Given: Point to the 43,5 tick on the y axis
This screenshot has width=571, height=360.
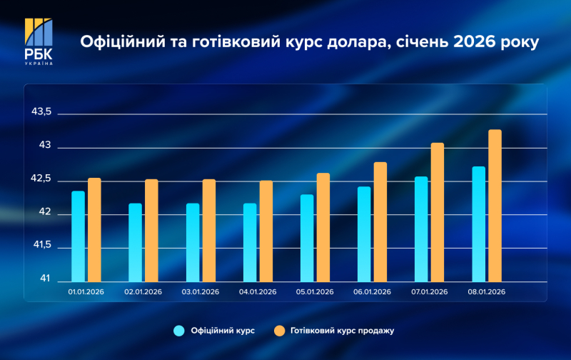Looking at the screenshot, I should [x=41, y=113].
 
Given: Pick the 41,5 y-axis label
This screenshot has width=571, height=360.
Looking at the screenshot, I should [x=41, y=245].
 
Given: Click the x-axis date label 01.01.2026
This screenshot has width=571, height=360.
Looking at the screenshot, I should [x=86, y=292].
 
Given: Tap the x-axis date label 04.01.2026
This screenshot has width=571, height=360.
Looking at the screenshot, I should [x=258, y=292].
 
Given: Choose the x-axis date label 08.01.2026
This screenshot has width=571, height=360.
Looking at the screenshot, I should [x=486, y=292].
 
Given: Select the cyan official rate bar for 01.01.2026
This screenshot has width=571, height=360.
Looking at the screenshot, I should [x=78, y=236].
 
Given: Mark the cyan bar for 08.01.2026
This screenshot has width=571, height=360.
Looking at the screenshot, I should [x=478, y=224].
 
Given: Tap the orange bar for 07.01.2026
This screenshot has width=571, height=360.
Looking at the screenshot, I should [x=438, y=212].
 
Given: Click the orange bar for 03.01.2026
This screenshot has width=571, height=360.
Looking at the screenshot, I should [x=208, y=230].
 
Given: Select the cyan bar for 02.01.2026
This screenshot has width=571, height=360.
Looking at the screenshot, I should [x=135, y=242].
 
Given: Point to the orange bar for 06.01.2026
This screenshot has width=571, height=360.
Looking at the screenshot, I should [x=380, y=222].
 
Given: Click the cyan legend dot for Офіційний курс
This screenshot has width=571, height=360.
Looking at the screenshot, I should [x=179, y=330].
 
